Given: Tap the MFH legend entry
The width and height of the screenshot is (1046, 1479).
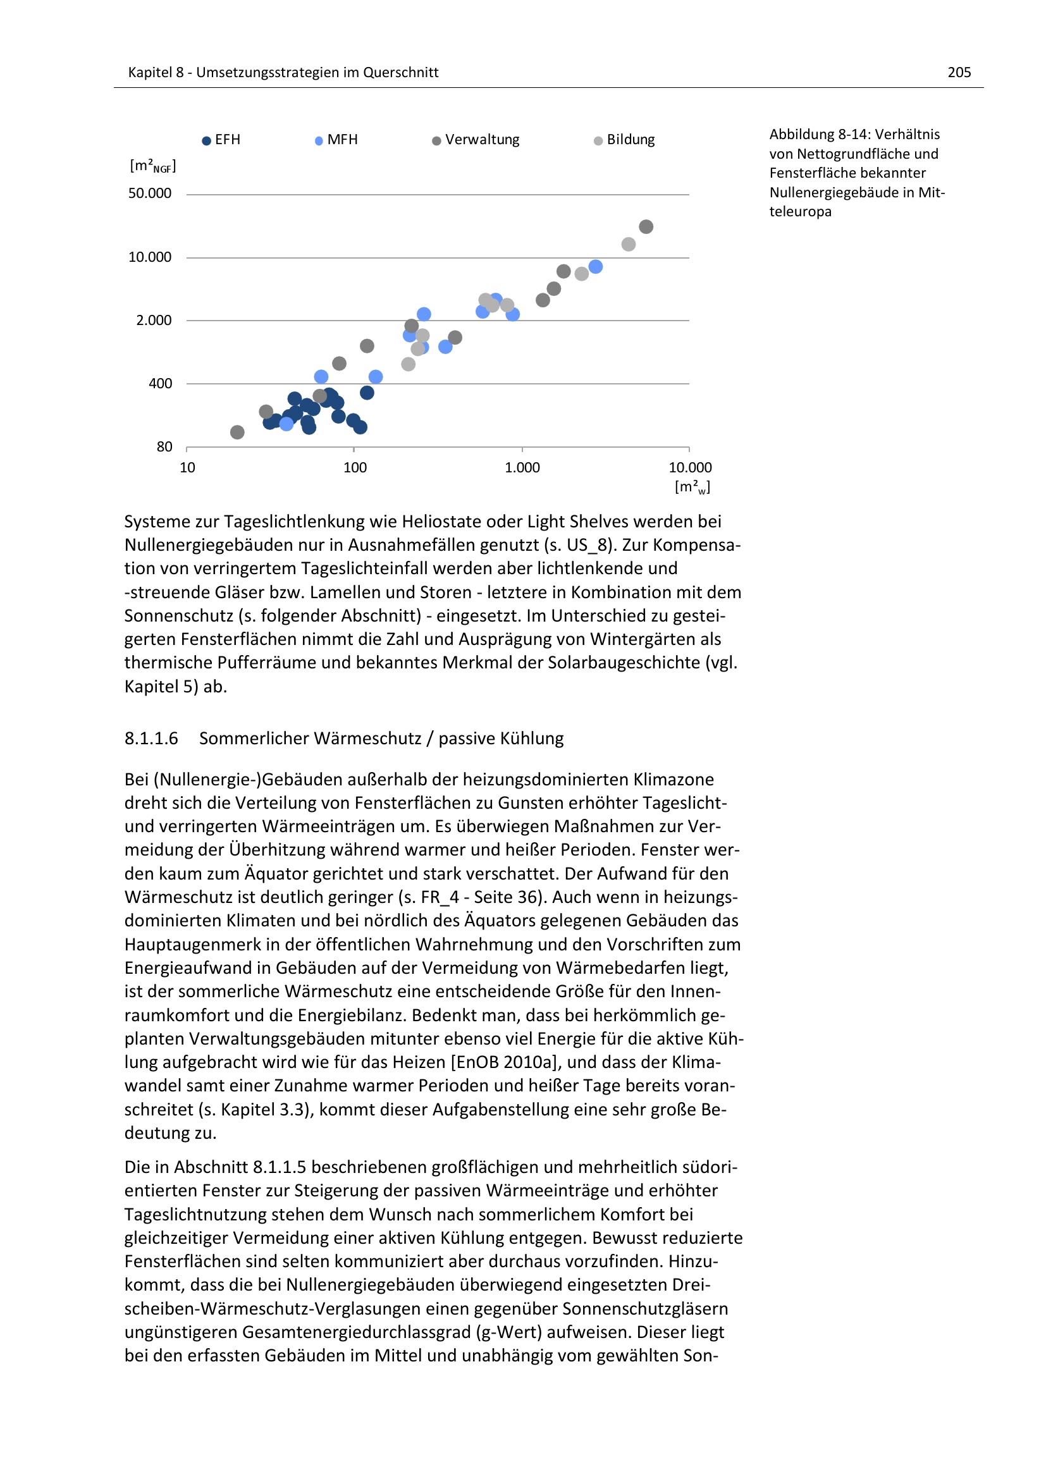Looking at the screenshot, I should point(336,140).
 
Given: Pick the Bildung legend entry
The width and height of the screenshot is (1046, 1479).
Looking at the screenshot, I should point(624,140).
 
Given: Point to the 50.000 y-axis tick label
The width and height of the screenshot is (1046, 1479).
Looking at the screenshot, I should point(149,193).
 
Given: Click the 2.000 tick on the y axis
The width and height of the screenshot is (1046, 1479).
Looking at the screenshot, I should point(153,320).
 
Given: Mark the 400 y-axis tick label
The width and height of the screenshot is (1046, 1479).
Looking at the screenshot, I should point(161,383).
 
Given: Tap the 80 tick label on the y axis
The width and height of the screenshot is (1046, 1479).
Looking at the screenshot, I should point(164,446).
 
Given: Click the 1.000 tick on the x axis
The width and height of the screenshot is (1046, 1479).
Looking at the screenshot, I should point(522,468).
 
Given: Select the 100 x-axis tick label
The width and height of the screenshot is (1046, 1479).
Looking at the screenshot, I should point(355,468).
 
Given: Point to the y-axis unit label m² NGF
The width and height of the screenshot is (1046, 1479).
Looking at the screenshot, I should point(152,166).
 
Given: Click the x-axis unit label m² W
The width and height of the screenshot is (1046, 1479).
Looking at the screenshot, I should point(692,487).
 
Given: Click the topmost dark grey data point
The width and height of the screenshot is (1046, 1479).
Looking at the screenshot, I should point(646,227).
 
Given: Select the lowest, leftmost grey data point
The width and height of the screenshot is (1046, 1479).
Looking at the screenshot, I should point(237,433).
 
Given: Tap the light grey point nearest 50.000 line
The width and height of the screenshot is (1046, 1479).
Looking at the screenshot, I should point(629,244).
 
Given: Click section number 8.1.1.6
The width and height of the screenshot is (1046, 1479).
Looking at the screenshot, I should point(151,738).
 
